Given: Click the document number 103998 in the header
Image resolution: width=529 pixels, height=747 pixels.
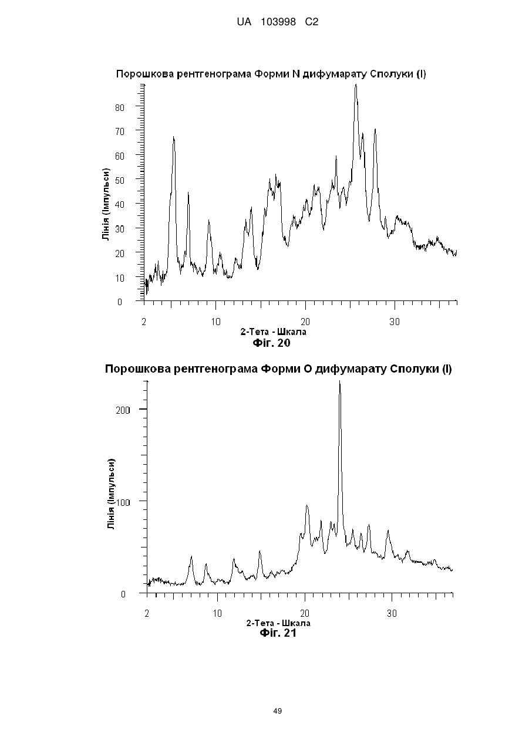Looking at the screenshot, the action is [278, 22].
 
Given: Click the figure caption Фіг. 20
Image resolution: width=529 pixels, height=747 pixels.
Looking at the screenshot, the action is [272, 343].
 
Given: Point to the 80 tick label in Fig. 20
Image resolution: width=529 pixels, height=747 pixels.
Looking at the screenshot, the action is [120, 107].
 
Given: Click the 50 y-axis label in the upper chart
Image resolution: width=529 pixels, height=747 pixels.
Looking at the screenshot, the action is [120, 180].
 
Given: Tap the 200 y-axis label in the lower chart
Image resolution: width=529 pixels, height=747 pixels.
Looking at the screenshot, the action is [123, 410].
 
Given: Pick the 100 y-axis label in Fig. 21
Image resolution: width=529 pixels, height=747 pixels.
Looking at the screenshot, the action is [123, 502].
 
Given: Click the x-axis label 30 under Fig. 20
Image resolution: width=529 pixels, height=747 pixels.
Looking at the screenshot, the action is [395, 322].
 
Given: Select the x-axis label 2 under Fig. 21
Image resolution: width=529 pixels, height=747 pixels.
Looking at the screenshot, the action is [147, 613].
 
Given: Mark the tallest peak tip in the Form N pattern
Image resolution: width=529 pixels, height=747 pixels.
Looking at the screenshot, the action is [356, 84].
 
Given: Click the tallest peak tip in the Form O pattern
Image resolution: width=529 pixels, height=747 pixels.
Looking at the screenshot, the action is [340, 381].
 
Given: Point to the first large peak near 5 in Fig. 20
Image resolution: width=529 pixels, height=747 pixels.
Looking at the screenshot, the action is [174, 137].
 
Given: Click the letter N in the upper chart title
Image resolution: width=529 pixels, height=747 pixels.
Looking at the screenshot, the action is [296, 74].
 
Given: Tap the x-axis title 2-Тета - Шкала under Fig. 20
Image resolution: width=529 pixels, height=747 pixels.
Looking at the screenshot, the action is [274, 332].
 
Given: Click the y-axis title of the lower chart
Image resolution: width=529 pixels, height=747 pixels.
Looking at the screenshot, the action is [111, 494].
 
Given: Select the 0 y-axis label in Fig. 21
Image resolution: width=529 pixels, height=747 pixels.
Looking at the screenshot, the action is [123, 594].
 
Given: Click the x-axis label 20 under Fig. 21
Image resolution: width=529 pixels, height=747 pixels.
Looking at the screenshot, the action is [305, 613].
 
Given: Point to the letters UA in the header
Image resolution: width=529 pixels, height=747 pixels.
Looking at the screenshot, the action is [244, 22].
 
